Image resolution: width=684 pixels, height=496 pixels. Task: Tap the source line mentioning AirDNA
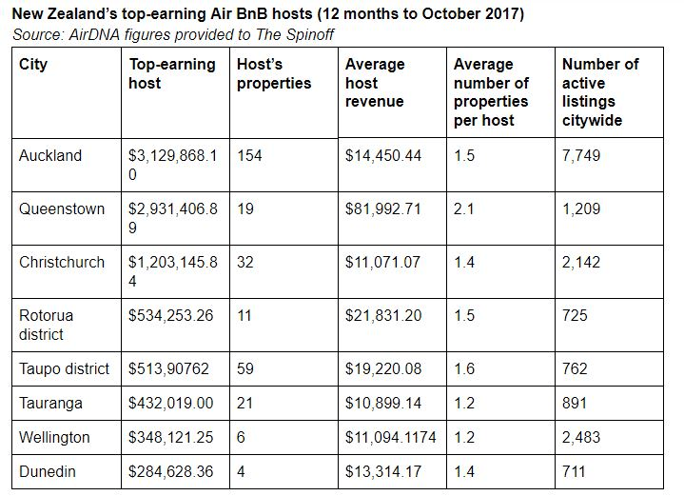coord(174,34)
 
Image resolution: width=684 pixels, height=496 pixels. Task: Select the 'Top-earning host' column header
coord(158,73)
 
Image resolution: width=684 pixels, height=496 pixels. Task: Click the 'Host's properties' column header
coord(273,73)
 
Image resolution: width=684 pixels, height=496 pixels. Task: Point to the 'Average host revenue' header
coord(375,82)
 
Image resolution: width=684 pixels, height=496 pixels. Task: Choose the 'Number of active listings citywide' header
coord(600,91)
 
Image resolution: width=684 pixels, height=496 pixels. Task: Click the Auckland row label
coord(50,155)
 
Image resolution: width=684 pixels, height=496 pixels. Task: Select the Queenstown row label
coord(62,208)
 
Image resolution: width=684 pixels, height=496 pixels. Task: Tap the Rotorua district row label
coord(46,325)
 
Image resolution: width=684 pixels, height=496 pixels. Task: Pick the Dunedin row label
coord(48,471)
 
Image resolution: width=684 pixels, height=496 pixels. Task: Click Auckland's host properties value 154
coord(249,155)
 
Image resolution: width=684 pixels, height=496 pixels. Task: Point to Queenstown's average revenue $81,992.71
coord(382,208)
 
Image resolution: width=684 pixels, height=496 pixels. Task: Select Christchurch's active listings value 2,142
coord(581,262)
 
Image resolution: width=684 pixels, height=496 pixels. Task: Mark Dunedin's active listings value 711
coord(576,471)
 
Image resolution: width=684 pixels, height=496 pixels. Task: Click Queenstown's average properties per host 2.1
coord(464,208)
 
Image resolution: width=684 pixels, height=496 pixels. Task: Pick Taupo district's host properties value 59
coord(245,368)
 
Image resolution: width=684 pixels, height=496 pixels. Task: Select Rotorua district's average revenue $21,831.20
coord(382,315)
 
